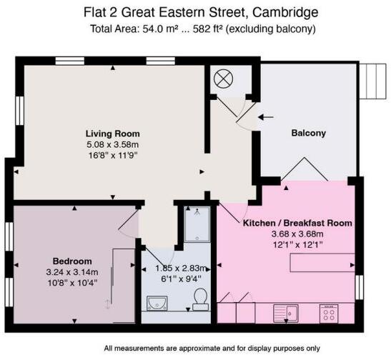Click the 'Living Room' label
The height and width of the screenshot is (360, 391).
tap(112, 134)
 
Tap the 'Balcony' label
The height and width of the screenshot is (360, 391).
tap(308, 133)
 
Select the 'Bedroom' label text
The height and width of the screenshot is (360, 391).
tap(72, 260)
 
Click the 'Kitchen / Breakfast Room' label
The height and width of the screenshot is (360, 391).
tap(297, 223)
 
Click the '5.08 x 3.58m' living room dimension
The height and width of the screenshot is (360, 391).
tap(112, 144)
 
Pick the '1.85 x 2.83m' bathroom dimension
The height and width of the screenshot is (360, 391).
tap(177, 269)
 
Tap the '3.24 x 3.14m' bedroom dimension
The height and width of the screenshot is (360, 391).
tap(72, 271)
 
